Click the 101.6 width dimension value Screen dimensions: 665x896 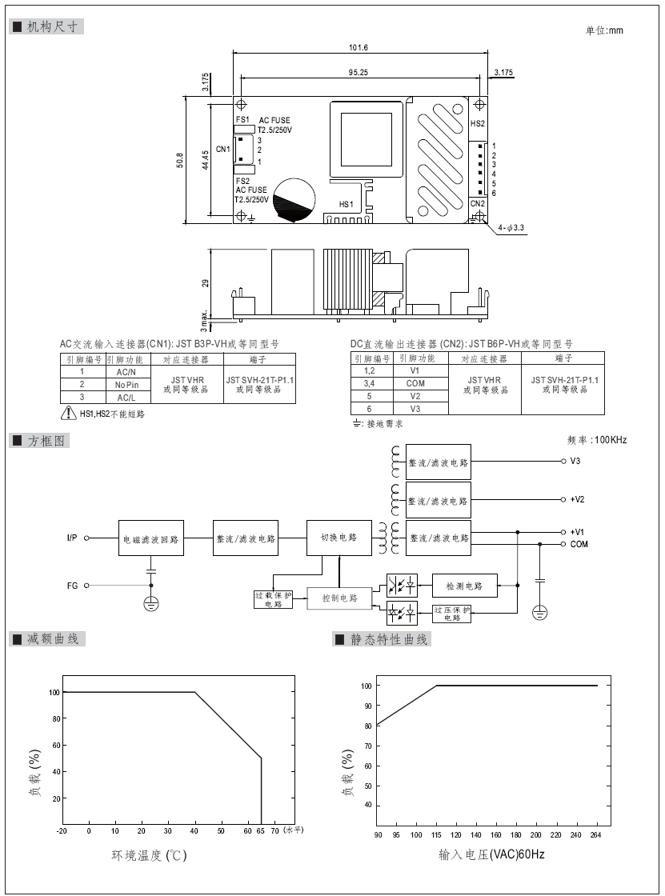(359, 47)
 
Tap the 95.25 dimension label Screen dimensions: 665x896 (358, 72)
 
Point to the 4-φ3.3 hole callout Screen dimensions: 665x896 (511, 227)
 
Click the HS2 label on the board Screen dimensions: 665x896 (478, 123)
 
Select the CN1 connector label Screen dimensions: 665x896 (223, 149)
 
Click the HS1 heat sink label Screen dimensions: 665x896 (347, 204)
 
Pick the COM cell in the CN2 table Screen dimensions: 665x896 (415, 383)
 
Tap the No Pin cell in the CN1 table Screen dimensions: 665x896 (126, 385)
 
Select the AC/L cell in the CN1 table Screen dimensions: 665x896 (126, 398)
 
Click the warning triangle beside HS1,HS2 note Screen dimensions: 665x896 (69, 413)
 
